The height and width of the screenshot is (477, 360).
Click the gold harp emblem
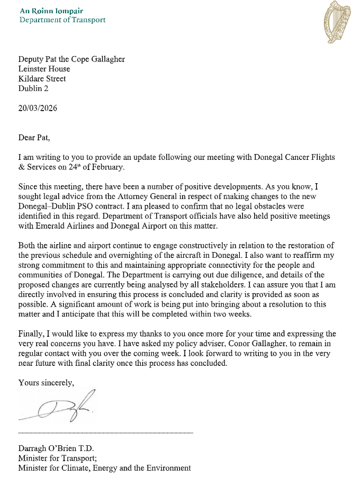(336, 22)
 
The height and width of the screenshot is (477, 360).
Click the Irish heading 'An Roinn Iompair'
(51, 11)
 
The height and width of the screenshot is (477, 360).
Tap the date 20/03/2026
(38, 108)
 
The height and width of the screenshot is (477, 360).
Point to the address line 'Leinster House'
(44, 69)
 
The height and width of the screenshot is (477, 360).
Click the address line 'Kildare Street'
(42, 79)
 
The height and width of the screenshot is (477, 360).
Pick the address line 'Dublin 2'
(33, 88)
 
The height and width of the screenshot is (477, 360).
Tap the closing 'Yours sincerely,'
(47, 382)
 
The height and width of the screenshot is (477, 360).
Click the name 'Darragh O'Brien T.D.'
(56, 449)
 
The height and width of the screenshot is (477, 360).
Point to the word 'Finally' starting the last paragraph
(31, 334)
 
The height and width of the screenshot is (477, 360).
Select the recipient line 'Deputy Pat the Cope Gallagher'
(71, 59)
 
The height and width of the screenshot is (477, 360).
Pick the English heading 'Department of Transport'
(62, 20)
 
